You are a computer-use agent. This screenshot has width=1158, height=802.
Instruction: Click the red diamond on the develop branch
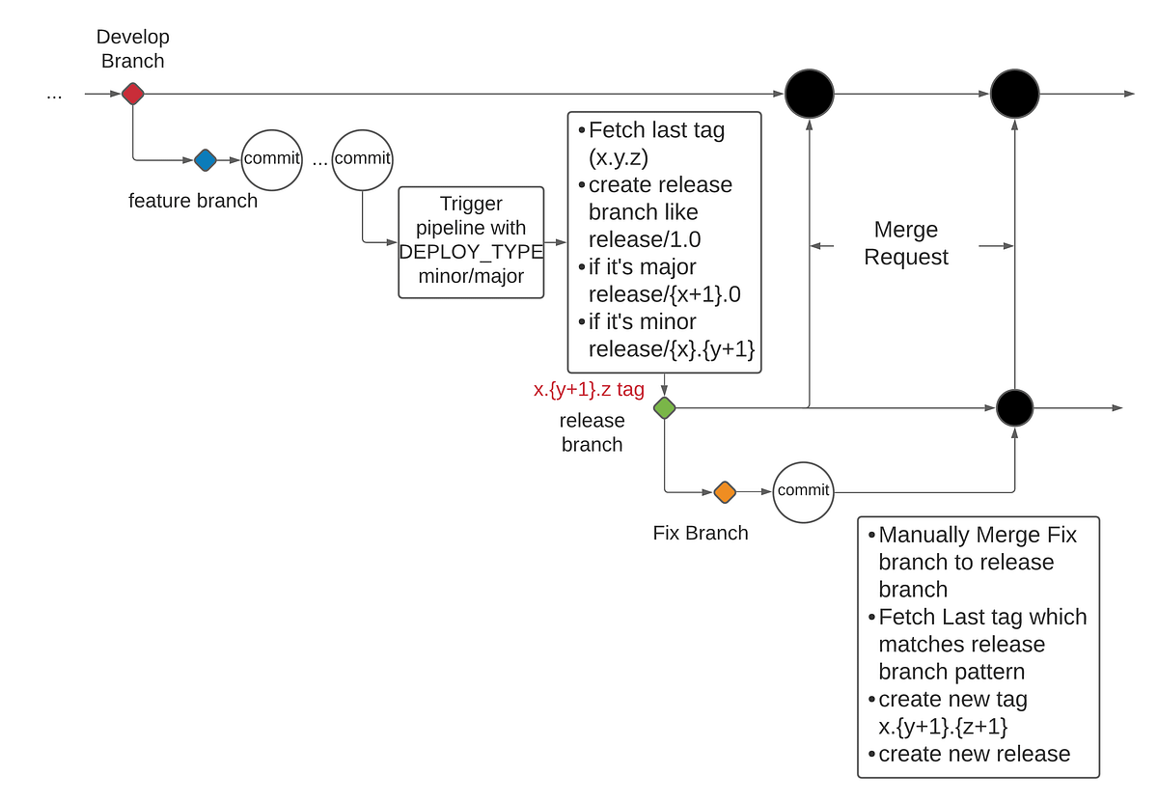coord(132,94)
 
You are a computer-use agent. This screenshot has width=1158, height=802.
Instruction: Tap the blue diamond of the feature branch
coord(205,160)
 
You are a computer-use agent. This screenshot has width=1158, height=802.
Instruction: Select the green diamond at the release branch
coord(664,408)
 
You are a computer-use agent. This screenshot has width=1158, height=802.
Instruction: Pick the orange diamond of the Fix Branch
coord(725,492)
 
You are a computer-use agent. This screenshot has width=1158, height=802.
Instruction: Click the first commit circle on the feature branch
coord(271,159)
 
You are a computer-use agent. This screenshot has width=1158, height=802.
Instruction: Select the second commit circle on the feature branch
coord(362,159)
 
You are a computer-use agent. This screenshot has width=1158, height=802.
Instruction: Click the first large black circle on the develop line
coord(809,94)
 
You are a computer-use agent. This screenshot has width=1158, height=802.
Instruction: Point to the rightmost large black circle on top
coord(1014,94)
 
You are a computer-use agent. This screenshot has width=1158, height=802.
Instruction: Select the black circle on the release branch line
coord(1014,408)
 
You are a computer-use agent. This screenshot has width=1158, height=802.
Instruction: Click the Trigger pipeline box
coord(471,241)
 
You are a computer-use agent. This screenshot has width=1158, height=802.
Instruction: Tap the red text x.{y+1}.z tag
coord(589,390)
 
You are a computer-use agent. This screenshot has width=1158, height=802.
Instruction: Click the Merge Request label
coord(905,243)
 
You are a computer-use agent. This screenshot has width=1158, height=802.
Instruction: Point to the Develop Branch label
coord(132,49)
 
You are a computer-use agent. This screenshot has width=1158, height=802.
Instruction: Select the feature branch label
coord(193,201)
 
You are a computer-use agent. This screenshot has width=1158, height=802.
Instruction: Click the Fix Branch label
coord(700,533)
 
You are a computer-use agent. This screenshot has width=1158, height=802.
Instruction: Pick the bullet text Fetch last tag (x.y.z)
coord(656,143)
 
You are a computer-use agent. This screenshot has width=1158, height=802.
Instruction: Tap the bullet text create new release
coord(974,754)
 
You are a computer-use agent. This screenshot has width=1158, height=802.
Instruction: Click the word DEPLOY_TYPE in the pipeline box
coord(471,252)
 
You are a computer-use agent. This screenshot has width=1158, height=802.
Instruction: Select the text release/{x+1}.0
coord(664,294)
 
